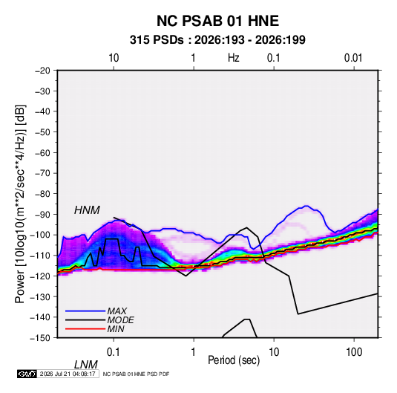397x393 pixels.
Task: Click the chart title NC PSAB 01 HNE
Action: pos(217,21)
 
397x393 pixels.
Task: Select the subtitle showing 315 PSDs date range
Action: pos(217,40)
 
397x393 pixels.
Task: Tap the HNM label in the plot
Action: pos(87,210)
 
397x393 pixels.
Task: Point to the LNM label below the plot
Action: pos(85,365)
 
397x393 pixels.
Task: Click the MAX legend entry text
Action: pos(117,311)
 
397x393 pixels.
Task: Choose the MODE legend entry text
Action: pos(120,320)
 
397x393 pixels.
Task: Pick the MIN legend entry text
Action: pos(116,329)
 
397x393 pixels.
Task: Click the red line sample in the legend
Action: pos(85,329)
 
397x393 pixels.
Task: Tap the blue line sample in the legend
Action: pos(85,311)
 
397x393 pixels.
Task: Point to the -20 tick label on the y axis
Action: pos(42,71)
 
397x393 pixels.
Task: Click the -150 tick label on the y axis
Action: pos(40,338)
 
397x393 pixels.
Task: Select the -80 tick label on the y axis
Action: pos(42,194)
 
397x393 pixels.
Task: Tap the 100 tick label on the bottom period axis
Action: pos(354,352)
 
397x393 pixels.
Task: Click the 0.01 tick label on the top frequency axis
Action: pos(353,58)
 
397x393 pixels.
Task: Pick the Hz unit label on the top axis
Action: pos(234,58)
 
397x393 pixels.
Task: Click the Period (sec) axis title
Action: pos(234,360)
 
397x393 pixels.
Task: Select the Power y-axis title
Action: pos(20,204)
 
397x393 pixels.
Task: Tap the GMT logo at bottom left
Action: pos(27,374)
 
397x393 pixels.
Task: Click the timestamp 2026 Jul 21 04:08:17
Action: pos(68,374)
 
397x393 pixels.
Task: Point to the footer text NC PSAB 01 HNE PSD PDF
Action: pos(137,374)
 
